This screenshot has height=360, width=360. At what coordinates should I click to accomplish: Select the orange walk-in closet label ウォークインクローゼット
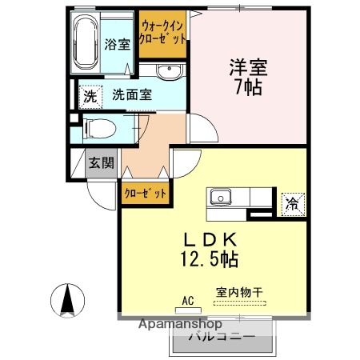pyautogui.click(x=163, y=31)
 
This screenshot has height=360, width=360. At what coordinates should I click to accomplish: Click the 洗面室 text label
pyautogui.click(x=132, y=94)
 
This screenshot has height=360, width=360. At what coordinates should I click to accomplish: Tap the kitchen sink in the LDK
pyautogui.click(x=221, y=197)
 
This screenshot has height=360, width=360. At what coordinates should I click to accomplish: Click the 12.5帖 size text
pyautogui.click(x=210, y=259)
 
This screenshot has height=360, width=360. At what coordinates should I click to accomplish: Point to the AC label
pyautogui.click(x=188, y=300)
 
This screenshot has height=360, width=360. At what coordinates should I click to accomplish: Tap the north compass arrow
pyautogui.click(x=68, y=302)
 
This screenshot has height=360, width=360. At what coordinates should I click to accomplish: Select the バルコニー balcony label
pyautogui.click(x=222, y=338)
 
